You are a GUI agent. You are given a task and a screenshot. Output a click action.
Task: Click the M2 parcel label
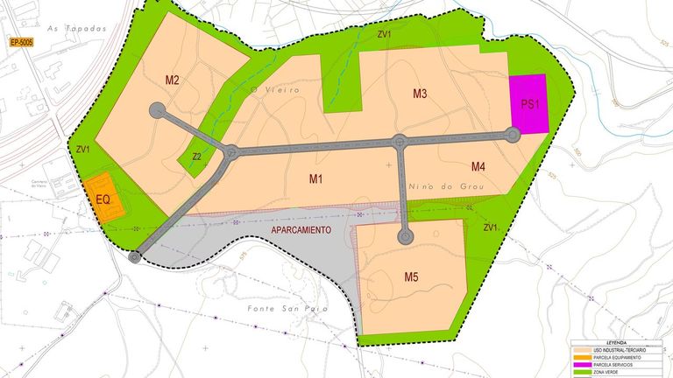coord(172,80)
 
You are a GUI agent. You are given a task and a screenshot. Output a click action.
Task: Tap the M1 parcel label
coord(316,179)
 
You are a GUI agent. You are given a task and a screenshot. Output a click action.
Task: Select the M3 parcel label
coord(420,94)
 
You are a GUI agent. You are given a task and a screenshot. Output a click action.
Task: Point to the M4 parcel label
coord(478,166)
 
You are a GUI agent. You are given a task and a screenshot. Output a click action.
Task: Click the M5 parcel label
coord(412,277)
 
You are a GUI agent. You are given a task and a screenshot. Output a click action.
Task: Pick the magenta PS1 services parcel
coord(528,103)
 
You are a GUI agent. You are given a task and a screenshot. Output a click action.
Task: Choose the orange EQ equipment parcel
coord(103,200)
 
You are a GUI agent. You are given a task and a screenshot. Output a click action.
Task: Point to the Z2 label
coord(197,157)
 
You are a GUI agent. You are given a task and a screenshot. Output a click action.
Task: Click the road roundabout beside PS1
coord(514,134)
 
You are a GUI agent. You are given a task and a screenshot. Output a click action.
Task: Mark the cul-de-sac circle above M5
coord(405,236)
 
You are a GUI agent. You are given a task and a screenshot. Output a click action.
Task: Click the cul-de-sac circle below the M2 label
coord(158,111)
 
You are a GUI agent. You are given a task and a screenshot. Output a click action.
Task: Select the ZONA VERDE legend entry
coord(615,373)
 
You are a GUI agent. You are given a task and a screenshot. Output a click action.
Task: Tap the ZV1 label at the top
coord(384,35)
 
